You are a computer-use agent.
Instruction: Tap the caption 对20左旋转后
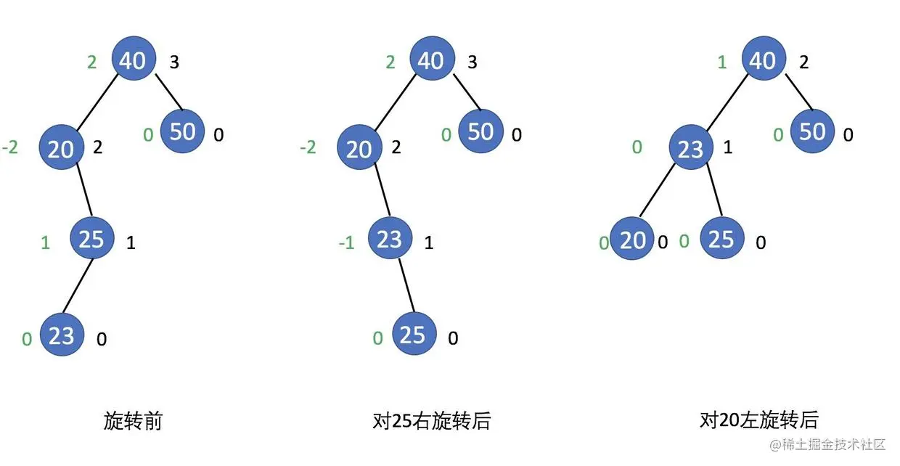click(x=758, y=420)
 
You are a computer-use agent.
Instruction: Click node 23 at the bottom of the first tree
click(x=62, y=335)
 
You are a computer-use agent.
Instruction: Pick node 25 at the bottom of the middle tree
click(x=412, y=335)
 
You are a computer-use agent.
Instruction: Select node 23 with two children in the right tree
click(x=690, y=149)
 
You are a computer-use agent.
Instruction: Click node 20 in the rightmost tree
click(x=632, y=240)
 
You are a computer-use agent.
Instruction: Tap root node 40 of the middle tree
click(x=432, y=60)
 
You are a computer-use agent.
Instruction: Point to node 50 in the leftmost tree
click(x=182, y=131)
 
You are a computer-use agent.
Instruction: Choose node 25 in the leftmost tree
click(x=92, y=239)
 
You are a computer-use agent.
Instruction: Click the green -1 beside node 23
click(x=346, y=242)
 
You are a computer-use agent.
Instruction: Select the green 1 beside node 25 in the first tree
click(x=46, y=242)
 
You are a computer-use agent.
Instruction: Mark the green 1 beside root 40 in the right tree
click(x=721, y=62)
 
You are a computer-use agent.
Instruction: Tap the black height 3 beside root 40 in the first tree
click(x=174, y=62)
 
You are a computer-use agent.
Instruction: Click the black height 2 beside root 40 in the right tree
click(x=803, y=62)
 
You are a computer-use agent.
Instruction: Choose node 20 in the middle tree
click(x=359, y=149)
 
